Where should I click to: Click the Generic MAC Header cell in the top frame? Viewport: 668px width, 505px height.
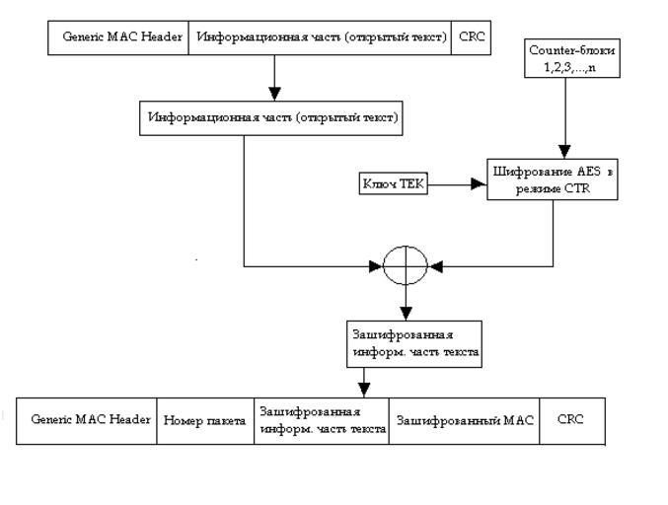pos(122,37)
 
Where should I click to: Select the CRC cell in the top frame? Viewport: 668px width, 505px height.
pos(473,37)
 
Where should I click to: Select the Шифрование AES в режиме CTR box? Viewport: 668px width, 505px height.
pos(553,179)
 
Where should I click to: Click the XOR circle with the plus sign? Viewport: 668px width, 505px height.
pos(406,265)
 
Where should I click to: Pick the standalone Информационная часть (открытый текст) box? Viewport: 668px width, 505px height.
pos(272,117)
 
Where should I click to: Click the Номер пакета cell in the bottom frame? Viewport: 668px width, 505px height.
pos(205,419)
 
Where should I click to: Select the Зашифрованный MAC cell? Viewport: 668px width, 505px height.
pos(465,419)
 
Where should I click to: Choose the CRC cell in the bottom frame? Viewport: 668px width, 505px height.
pos(571,419)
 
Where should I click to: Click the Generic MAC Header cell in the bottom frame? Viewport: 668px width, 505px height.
pos(87,419)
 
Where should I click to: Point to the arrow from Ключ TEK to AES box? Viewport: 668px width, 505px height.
pos(458,182)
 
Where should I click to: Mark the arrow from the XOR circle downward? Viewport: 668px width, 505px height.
pos(406,301)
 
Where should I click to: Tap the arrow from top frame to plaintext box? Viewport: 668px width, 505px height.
pos(275,77)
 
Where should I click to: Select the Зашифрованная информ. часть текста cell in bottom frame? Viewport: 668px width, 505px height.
pos(322,419)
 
